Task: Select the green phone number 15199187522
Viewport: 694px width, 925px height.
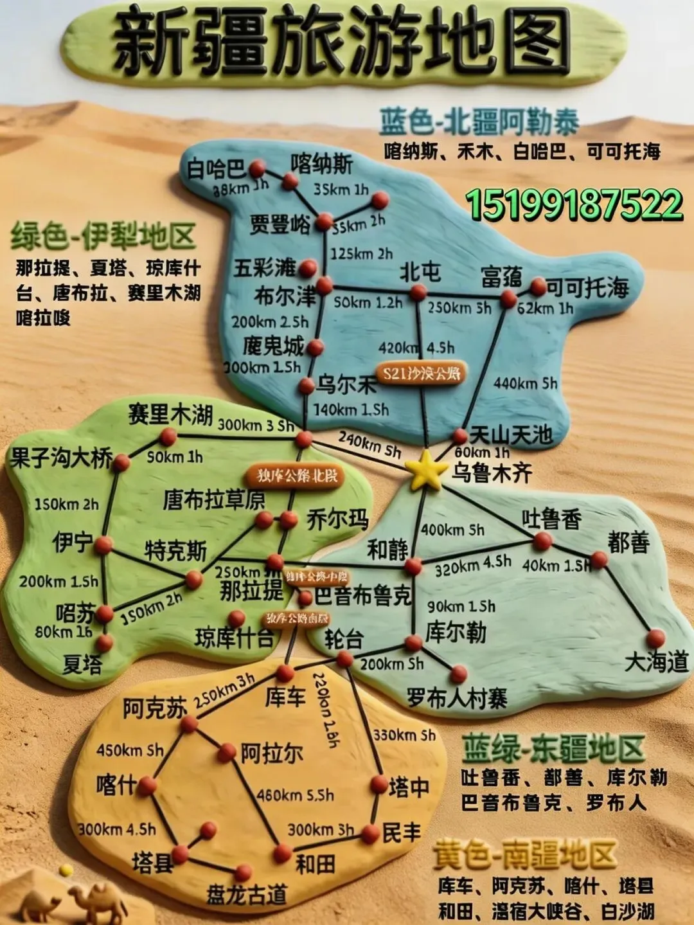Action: point(574,204)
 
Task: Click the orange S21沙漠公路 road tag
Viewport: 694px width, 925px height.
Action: point(422,373)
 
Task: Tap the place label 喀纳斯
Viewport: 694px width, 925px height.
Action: point(321,164)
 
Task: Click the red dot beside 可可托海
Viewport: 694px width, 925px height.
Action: point(537,287)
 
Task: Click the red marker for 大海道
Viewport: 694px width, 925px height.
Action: point(655,638)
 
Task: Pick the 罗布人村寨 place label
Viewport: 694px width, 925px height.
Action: point(457,698)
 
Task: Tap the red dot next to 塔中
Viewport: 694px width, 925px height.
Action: point(379,785)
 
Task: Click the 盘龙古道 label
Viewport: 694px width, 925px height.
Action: point(246,895)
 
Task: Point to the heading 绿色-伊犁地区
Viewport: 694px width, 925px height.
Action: point(103,237)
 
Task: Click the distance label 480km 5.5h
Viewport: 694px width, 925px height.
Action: point(295,795)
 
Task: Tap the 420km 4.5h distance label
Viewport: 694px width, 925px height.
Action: point(417,348)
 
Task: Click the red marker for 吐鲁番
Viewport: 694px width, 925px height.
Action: point(542,541)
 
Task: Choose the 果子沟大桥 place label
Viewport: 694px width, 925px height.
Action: point(61,459)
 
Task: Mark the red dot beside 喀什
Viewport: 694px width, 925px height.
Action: point(147,785)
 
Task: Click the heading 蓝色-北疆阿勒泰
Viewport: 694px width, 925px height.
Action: point(479,122)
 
